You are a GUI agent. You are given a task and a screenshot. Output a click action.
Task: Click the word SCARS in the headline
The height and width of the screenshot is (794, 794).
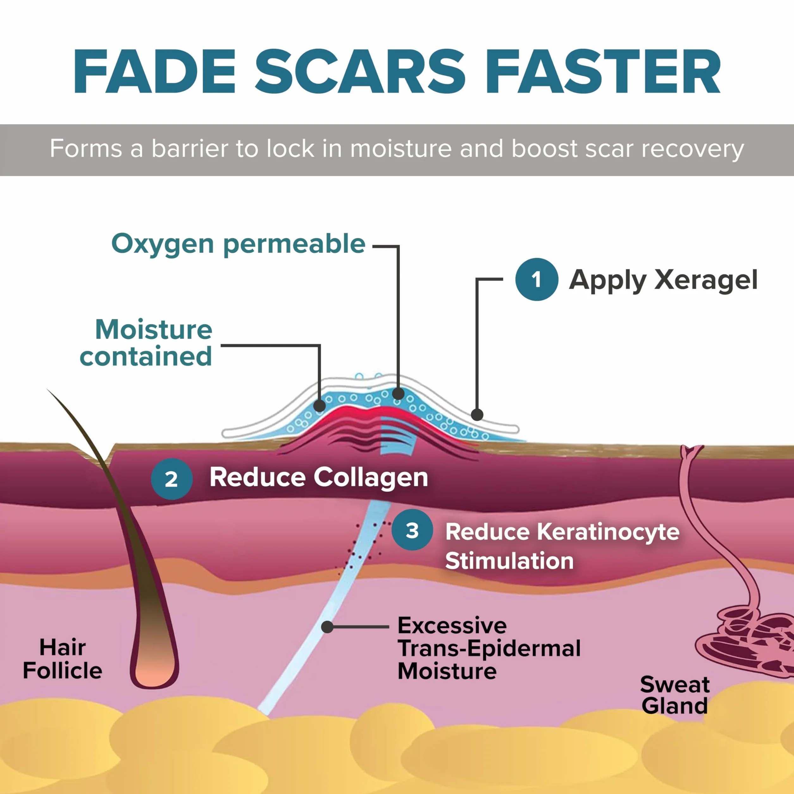pos(360,71)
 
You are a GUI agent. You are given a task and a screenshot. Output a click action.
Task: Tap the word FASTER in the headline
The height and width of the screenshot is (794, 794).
pos(603,71)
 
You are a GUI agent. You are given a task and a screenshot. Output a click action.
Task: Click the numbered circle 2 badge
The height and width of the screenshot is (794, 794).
pos(171,479)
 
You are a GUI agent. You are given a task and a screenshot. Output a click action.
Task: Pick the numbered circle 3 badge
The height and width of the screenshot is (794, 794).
pos(412,530)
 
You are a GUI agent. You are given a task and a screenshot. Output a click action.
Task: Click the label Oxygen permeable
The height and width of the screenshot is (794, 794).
pos(239,245)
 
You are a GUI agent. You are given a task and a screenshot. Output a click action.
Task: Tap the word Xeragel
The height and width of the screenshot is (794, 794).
pos(706,280)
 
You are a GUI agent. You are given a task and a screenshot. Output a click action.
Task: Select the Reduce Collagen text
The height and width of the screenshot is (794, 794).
pos(319,478)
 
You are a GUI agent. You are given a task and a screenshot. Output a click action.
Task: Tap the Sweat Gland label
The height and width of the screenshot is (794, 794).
pos(674,695)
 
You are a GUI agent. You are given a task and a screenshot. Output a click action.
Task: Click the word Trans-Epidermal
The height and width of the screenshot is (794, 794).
pos(489,648)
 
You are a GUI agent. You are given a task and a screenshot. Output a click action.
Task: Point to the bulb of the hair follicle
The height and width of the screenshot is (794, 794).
pos(154,666)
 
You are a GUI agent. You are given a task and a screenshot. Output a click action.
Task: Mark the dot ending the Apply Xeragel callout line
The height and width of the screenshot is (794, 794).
pos(477,415)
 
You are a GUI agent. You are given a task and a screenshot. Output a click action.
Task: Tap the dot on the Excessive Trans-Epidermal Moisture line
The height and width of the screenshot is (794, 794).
pos(327,627)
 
